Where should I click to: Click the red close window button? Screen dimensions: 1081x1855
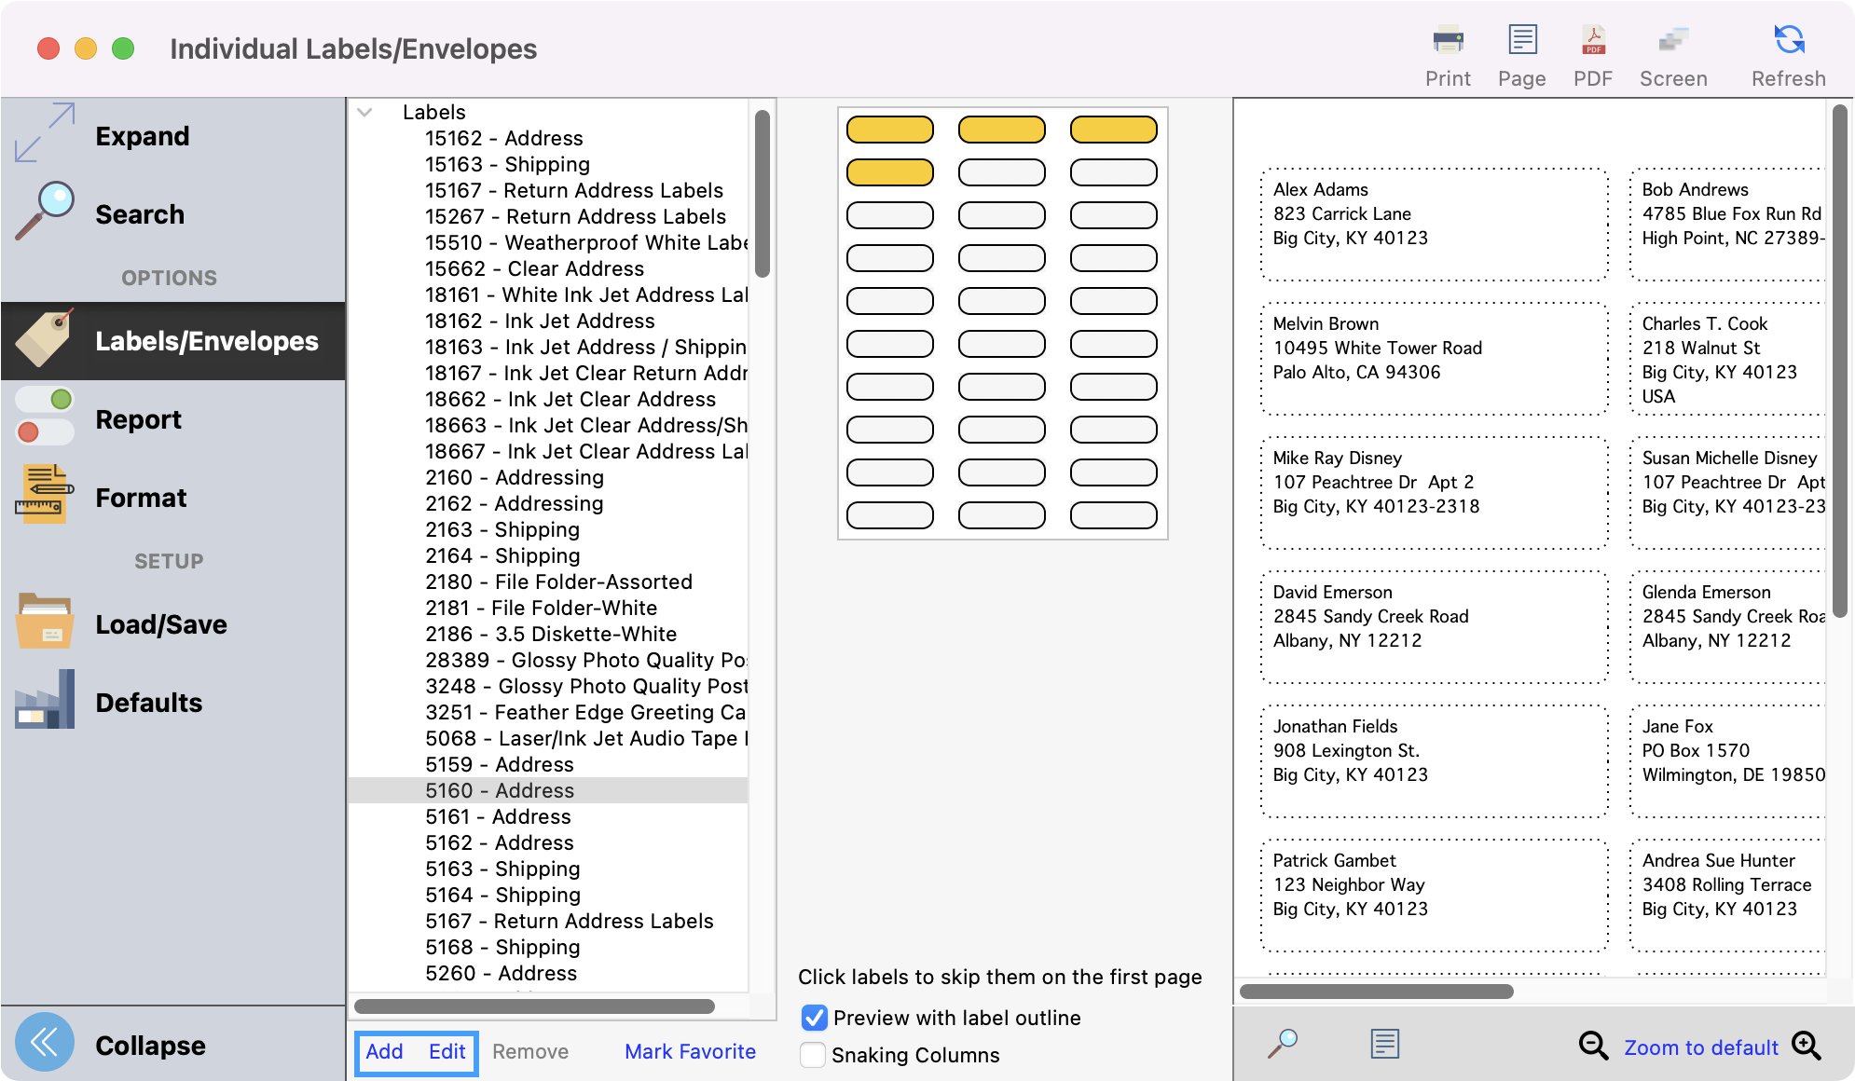click(48, 48)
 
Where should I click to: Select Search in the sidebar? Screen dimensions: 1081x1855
click(140, 214)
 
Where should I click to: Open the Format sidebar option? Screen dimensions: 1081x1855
click(141, 498)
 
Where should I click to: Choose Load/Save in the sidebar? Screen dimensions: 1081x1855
click(160, 624)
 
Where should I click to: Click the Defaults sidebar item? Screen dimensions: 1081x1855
click(148, 703)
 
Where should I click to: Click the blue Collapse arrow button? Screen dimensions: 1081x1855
click(44, 1043)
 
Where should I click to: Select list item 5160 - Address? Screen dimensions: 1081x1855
click(500, 790)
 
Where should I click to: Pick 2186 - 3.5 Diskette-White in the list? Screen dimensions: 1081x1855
click(551, 634)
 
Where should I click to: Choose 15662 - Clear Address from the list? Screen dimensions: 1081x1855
click(534, 268)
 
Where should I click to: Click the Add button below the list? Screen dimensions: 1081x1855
click(384, 1051)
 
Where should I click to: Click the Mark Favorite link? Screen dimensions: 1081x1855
click(690, 1051)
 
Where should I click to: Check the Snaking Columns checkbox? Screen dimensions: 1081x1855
click(813, 1055)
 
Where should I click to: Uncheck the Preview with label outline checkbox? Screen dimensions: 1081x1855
click(814, 1018)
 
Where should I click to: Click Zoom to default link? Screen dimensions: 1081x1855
click(1701, 1047)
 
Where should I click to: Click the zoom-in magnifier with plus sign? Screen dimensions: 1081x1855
click(1806, 1046)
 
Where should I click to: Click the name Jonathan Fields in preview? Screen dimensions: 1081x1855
click(1335, 726)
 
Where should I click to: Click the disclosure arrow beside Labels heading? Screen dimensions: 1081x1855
click(364, 112)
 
